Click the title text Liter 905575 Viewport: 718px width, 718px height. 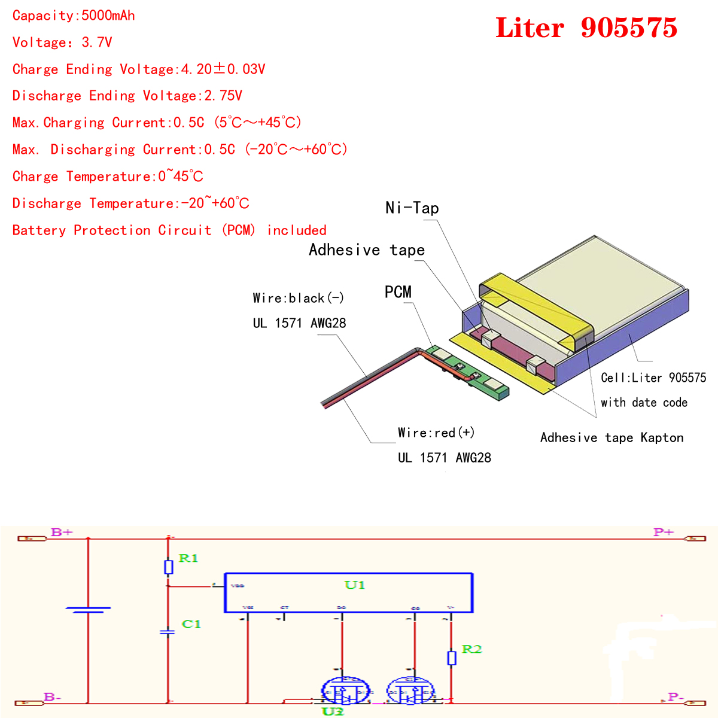[586, 28]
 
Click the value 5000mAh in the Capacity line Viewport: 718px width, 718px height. [108, 16]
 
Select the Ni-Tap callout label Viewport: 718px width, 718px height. [412, 208]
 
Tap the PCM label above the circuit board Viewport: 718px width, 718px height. [398, 292]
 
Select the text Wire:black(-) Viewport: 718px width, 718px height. [298, 298]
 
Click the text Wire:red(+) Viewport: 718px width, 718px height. [436, 433]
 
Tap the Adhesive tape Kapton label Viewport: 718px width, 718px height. [611, 437]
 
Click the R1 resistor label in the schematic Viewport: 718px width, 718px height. [188, 558]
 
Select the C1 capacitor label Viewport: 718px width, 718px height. [191, 624]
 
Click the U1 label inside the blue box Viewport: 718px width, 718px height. [354, 585]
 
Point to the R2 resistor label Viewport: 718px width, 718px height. [471, 649]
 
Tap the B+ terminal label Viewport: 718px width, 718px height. [62, 532]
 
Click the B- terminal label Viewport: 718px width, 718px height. [53, 696]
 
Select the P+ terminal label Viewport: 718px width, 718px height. [664, 532]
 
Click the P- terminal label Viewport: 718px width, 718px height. [676, 696]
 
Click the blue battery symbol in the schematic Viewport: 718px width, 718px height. [88, 610]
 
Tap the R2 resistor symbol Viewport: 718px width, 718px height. [452, 658]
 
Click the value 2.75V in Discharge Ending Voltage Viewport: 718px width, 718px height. [223, 96]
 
